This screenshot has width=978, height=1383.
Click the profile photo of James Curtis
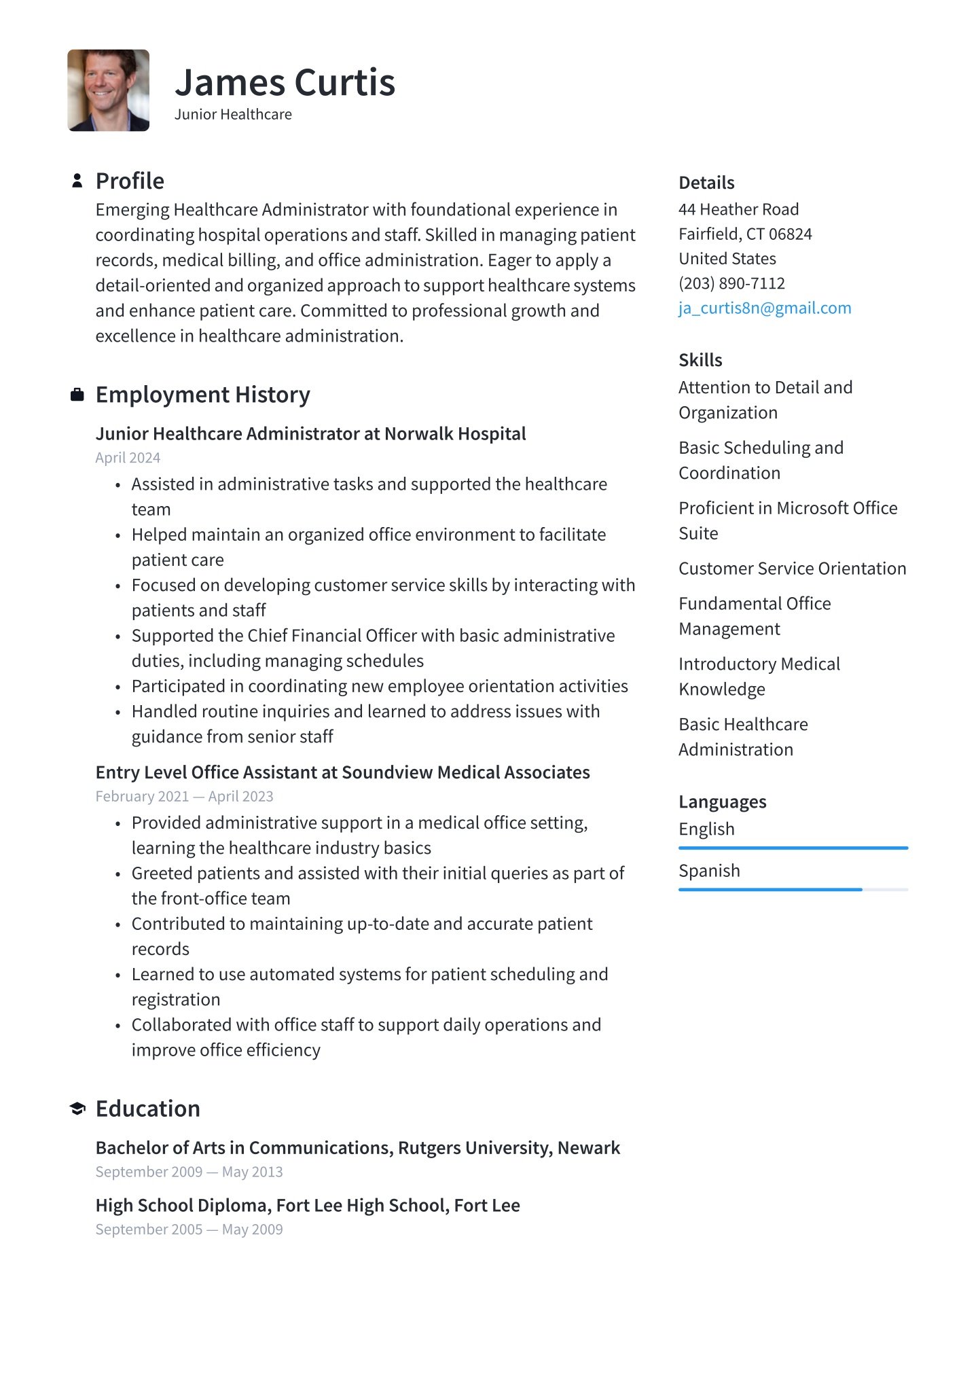coord(108,90)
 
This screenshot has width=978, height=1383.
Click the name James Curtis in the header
coord(285,83)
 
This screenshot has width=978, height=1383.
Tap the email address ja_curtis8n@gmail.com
coord(764,308)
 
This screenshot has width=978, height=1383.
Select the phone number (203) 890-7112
coord(731,283)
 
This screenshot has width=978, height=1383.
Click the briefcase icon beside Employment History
coord(77,395)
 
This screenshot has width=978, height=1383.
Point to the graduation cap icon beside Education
coord(77,1109)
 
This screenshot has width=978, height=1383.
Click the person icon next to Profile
coord(77,181)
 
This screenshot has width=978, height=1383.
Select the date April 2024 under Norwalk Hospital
coord(128,458)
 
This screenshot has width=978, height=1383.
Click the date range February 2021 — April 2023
coord(184,796)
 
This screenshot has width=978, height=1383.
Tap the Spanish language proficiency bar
coord(793,889)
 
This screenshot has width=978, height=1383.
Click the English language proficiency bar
coord(793,848)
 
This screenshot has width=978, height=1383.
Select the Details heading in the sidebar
coord(706,183)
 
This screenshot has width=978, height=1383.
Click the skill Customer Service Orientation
coord(792,569)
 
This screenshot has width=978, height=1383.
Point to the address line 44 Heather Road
coord(738,209)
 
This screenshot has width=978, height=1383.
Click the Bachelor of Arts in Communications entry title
coord(357,1148)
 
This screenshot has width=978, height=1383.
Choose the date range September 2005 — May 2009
coord(189,1229)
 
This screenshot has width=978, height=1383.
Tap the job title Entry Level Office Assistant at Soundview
coord(342,772)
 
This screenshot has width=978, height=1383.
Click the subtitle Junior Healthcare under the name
coord(233,114)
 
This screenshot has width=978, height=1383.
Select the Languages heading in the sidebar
coord(722,802)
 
